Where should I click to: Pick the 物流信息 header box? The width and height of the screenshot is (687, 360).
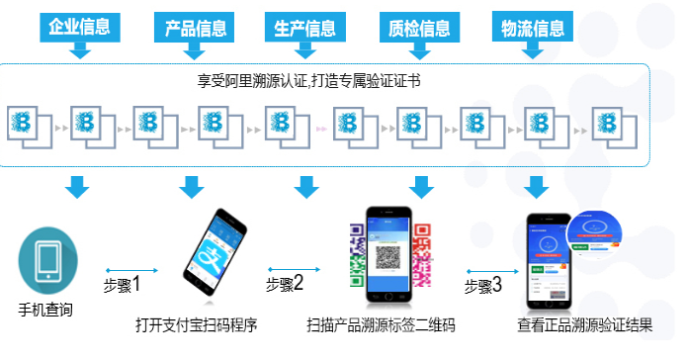pyautogui.click(x=535, y=28)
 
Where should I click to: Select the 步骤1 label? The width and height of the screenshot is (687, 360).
pyautogui.click(x=123, y=285)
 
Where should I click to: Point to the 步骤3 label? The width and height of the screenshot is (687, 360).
pyautogui.click(x=483, y=285)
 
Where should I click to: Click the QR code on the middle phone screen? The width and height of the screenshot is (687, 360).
pyautogui.click(x=386, y=254)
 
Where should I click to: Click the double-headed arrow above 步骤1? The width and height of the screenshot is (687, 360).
pyautogui.click(x=130, y=268)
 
